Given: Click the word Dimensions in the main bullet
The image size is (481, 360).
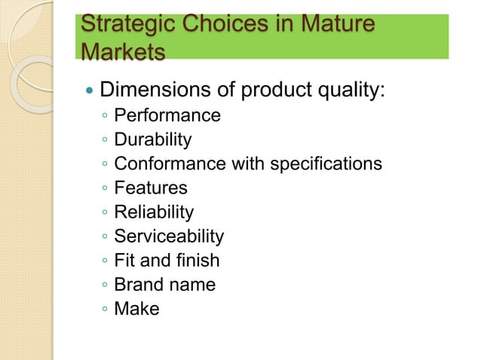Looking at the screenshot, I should point(155,91).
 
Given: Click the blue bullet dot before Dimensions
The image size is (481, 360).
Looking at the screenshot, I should point(90,92).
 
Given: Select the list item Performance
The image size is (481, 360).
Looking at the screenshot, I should point(167,115).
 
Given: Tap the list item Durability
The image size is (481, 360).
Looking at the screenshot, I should point(153,139).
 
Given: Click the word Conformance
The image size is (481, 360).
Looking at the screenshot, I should point(163,163).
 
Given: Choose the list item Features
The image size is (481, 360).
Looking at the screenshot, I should point(151,188).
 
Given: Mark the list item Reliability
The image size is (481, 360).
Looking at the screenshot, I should point(154,212).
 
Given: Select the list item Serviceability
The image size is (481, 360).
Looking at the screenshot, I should point(169,236).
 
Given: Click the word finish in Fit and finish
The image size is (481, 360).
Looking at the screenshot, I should point(200,261).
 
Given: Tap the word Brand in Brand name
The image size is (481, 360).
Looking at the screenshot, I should point(136,285).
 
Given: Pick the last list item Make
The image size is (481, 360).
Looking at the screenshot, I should point(136,309).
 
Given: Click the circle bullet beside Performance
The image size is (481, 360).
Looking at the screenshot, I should point(105,117).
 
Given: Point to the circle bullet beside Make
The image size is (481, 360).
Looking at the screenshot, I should point(105,310).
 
